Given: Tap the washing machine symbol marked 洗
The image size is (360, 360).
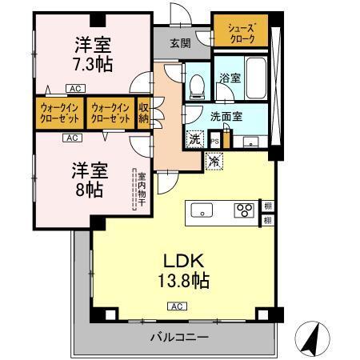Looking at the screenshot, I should (x=195, y=138).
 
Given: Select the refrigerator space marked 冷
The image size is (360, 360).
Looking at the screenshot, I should (x=214, y=161).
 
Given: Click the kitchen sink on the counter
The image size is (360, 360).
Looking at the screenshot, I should (x=202, y=211).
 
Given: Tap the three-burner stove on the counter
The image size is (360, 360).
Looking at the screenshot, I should (x=243, y=211).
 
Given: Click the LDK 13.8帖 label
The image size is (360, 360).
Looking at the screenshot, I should (x=186, y=270).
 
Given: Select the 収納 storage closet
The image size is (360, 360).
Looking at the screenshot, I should (x=144, y=110).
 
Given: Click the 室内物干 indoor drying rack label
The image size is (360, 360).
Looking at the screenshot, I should (x=140, y=190).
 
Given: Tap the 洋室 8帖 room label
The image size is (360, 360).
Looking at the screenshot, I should (x=87, y=180).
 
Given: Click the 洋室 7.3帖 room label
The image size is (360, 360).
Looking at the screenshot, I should (x=89, y=54).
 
